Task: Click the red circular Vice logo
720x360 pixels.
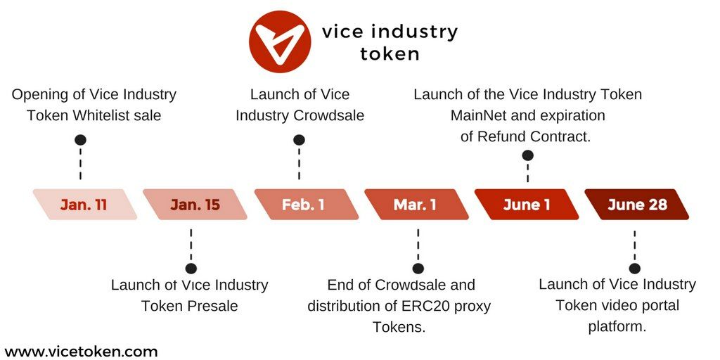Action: point(280,41)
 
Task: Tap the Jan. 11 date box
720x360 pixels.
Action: point(85,205)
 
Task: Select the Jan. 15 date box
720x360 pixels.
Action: point(195,205)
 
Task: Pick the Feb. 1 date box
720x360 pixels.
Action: point(307,205)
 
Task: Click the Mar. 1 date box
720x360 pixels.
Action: point(416,205)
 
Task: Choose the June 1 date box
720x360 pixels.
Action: point(527,205)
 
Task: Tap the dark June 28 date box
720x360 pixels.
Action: point(637,205)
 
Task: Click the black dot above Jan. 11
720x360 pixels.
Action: point(81,140)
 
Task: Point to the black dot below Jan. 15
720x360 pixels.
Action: point(191,269)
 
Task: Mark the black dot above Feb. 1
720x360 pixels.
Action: point(299,140)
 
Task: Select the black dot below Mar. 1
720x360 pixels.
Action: point(418,269)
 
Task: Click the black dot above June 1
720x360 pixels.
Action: point(527,155)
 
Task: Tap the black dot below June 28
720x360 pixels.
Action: point(635,269)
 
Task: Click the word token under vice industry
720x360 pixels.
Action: point(390,53)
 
